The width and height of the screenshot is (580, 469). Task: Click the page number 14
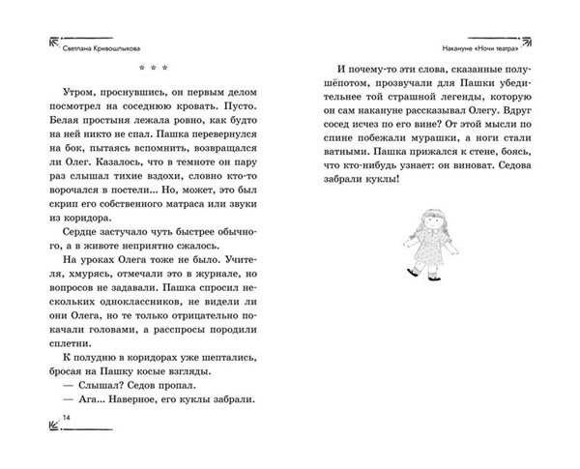[x=40, y=416]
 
